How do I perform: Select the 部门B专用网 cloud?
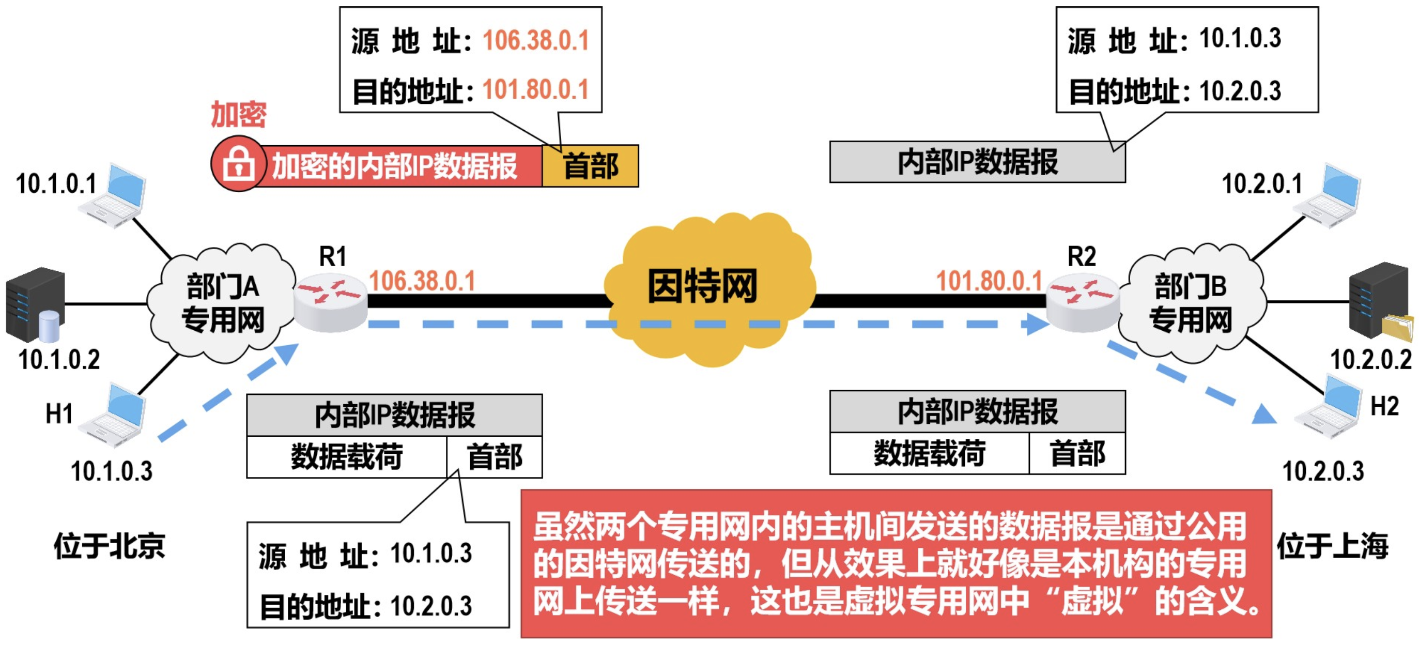click(x=1190, y=302)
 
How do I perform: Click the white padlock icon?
click(x=239, y=164)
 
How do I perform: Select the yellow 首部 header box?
click(x=590, y=166)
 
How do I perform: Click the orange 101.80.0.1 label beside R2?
click(x=989, y=281)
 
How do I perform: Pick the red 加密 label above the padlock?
click(x=239, y=115)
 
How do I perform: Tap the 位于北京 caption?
click(x=109, y=546)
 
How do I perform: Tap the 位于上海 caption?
click(x=1332, y=546)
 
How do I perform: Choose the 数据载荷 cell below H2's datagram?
click(x=929, y=453)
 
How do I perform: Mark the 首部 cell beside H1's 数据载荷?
click(x=494, y=457)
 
